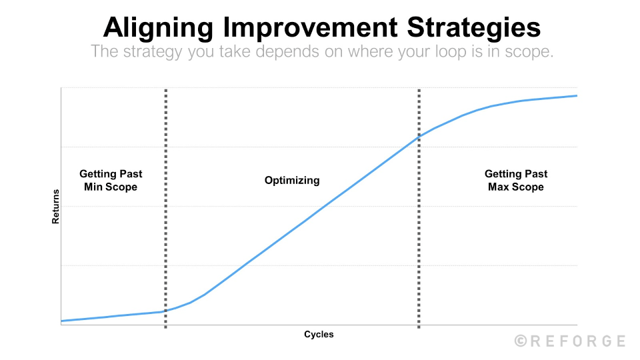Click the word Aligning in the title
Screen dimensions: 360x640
click(159, 28)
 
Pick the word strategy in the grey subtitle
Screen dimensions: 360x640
click(155, 52)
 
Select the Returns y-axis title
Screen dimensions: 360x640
click(56, 206)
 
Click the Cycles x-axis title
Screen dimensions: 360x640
click(319, 334)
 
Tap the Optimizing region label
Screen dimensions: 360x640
click(292, 180)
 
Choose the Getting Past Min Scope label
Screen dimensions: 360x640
click(111, 180)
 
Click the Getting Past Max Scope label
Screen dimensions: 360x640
click(516, 180)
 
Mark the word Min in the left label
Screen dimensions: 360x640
click(94, 187)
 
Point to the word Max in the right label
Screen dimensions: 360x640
click(499, 187)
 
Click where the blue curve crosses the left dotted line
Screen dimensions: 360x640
click(165, 311)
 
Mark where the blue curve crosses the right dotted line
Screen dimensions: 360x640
click(419, 136)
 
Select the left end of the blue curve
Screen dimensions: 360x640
click(62, 321)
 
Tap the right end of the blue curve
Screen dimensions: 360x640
click(576, 96)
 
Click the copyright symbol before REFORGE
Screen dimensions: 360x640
click(521, 341)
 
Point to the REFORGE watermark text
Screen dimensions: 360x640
click(577, 341)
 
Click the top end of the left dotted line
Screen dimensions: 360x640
click(165, 89)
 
